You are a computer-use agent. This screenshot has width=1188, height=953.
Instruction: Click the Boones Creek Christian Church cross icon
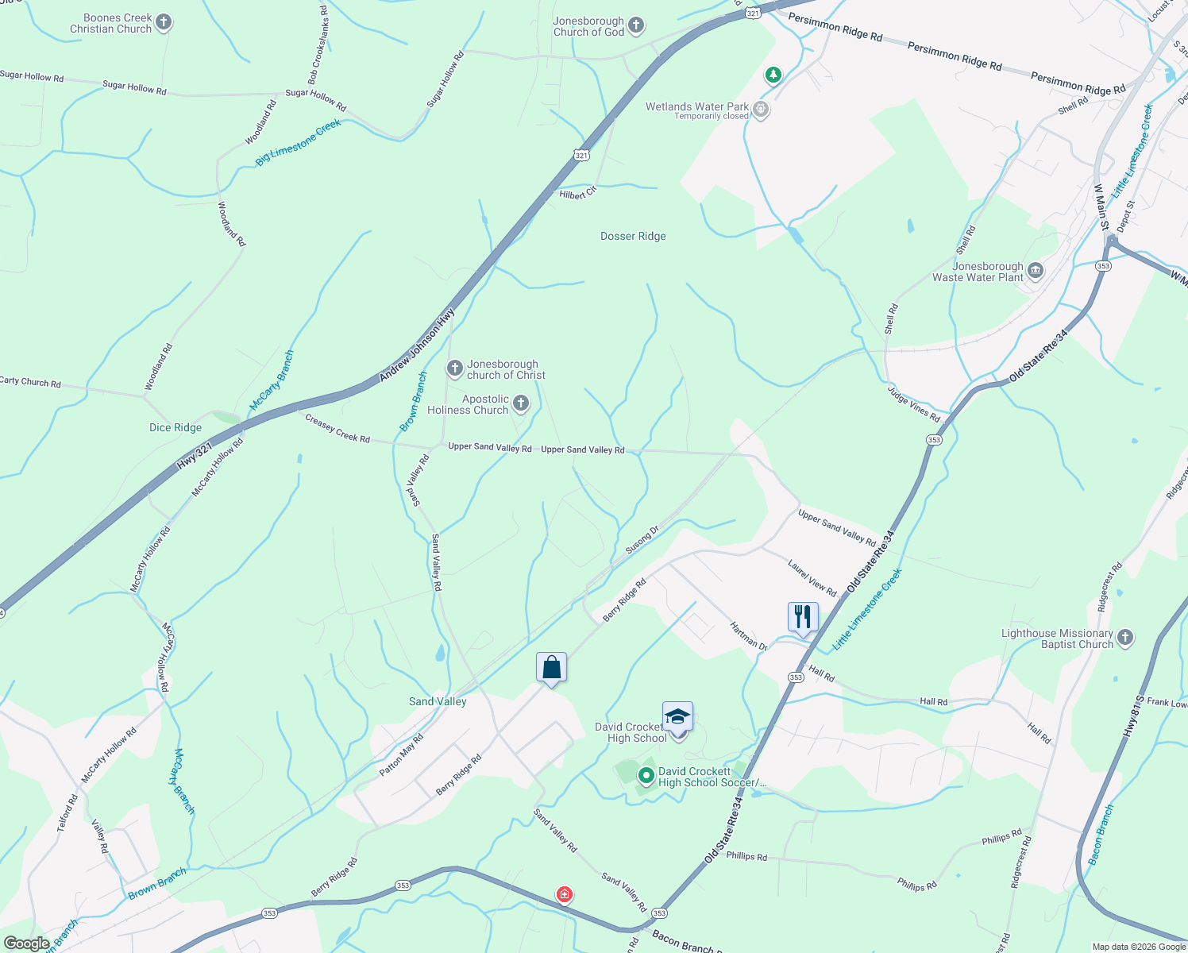click(x=164, y=22)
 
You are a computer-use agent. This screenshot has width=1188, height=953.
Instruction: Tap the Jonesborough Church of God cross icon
click(x=636, y=25)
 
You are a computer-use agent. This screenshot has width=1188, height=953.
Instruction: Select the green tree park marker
click(x=773, y=75)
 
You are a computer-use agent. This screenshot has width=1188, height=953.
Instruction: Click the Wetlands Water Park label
click(x=697, y=106)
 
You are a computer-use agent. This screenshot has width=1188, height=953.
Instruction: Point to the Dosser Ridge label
click(x=633, y=236)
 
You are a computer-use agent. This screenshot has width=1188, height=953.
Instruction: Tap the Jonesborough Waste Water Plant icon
click(x=1036, y=271)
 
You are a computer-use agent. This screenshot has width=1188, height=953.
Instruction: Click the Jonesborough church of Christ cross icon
click(x=455, y=368)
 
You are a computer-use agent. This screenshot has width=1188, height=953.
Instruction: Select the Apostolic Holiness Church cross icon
click(x=521, y=403)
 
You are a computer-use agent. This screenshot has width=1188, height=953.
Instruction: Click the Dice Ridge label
click(x=175, y=427)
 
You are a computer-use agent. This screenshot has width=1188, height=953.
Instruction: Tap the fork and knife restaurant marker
click(x=803, y=617)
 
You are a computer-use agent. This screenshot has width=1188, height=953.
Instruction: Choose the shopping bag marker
click(x=551, y=668)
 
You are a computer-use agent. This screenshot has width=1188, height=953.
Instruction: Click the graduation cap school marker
click(x=677, y=717)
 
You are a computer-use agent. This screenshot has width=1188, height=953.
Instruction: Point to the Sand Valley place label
click(x=438, y=701)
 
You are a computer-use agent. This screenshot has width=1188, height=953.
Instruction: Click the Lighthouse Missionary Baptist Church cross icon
click(x=1124, y=637)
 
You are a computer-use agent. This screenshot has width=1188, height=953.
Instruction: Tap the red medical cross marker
click(x=564, y=895)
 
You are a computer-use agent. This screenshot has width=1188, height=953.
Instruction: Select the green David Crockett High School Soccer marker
click(x=646, y=775)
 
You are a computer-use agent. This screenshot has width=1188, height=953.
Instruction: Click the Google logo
click(x=26, y=943)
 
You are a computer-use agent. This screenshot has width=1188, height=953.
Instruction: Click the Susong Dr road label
click(x=642, y=540)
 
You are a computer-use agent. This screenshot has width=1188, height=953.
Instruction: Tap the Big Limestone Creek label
click(x=298, y=143)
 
